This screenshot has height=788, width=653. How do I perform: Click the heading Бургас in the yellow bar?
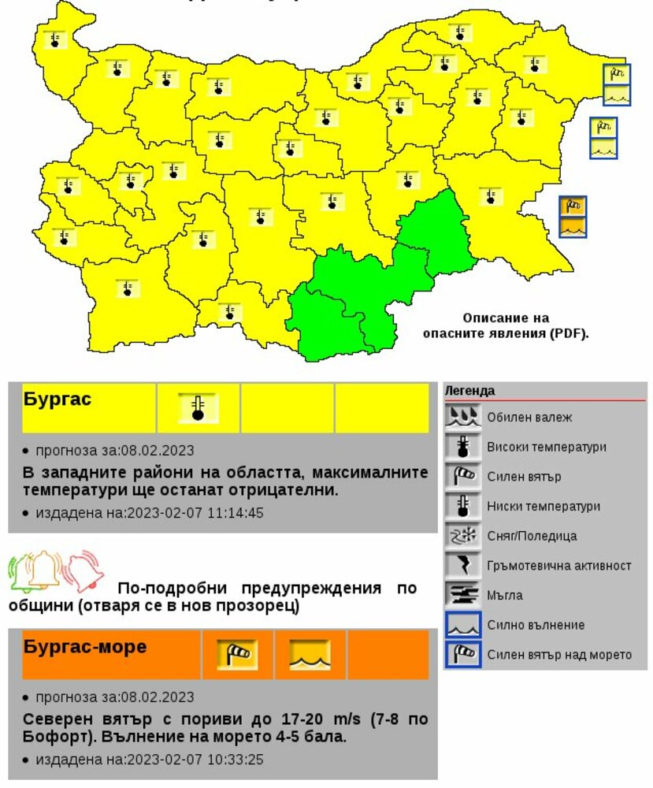pos(58,400)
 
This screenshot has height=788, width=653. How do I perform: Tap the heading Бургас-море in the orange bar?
pos(85,647)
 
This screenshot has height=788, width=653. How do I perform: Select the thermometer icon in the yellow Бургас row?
pos(198,408)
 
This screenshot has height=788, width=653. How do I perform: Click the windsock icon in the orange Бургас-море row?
pos(237,654)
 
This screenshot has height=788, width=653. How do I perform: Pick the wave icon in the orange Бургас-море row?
pos(310,654)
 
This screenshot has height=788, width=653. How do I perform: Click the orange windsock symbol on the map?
pos(573,206)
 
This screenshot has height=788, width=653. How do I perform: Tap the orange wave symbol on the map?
pos(573,227)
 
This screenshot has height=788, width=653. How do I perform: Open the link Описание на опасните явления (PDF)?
pos(506,325)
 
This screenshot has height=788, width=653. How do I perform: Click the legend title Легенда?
pos(469,391)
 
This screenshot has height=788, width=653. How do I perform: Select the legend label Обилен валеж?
pos(529,418)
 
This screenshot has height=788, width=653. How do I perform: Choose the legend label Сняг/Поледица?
pos(532,536)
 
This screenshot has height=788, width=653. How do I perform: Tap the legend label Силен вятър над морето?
pos(559,655)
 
